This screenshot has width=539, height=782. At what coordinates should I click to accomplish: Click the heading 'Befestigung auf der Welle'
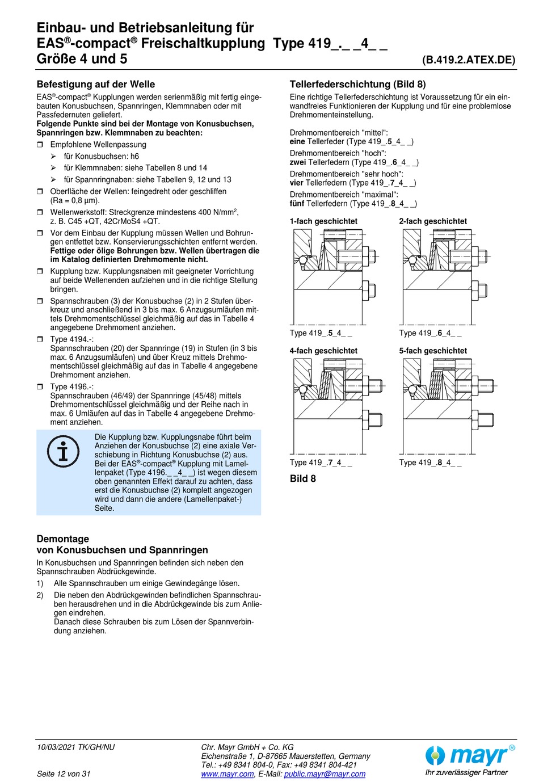95,85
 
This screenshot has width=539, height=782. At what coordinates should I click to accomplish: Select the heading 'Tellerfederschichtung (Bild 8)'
357,85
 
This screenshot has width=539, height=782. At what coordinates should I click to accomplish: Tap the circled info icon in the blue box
63,452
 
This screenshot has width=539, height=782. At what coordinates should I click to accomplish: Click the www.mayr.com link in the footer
228,774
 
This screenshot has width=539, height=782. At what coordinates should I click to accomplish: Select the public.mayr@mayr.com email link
325,774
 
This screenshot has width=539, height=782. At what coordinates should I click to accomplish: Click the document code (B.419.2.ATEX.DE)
469,60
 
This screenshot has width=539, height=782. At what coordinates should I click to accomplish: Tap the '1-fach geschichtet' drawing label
323,221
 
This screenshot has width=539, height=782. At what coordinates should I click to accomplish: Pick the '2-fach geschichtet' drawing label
433,221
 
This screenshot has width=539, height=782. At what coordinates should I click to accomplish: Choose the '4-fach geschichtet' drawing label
323,351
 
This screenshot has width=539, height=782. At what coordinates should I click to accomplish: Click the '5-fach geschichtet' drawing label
433,351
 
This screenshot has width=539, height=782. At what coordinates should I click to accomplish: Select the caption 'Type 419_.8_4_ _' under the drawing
430,463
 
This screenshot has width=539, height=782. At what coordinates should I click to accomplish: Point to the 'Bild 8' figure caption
303,479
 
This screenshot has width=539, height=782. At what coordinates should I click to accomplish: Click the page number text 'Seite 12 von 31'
64,774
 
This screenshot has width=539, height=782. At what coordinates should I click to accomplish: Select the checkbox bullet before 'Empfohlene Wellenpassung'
40,145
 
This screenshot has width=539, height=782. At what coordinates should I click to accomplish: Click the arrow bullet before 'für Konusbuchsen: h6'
53,157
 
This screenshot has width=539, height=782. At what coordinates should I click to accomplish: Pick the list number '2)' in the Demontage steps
40,595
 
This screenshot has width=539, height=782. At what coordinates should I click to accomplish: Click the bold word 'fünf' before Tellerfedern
297,204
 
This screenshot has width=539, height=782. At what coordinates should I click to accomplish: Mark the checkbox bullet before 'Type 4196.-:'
40,387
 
